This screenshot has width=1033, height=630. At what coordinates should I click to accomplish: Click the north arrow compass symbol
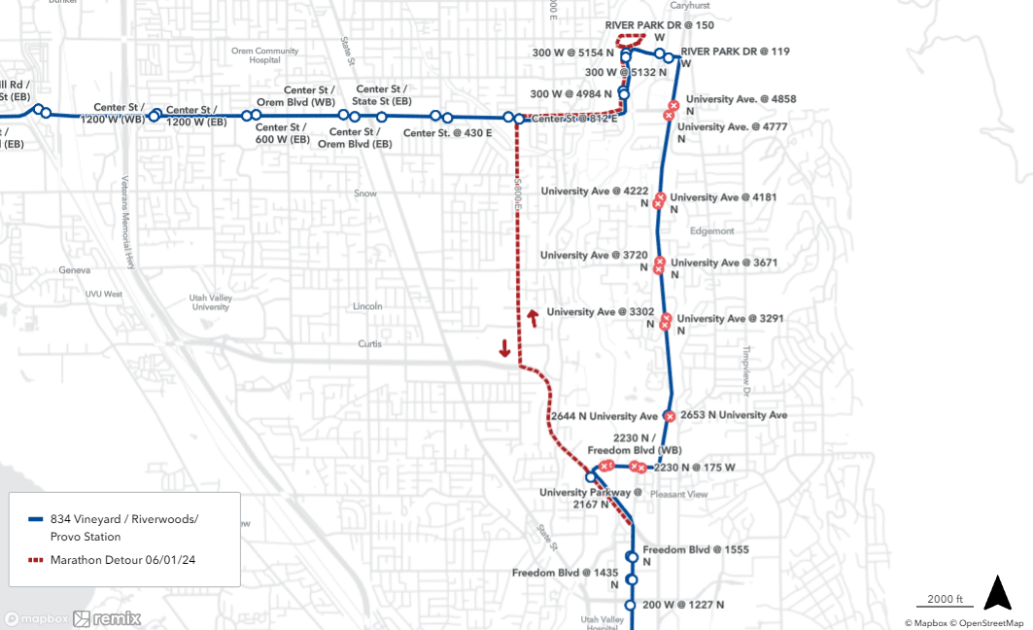(x=998, y=593)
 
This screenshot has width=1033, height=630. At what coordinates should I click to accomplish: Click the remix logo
(x=107, y=618)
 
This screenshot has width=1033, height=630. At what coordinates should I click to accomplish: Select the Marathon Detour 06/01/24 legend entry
(x=117, y=560)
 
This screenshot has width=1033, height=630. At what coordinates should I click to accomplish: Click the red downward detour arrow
(x=505, y=348)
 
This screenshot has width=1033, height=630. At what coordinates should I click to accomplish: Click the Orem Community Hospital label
(x=265, y=55)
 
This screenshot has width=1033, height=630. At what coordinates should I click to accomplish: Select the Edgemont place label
(x=712, y=231)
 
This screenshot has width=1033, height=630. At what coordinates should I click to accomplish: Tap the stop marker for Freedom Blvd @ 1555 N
(x=632, y=557)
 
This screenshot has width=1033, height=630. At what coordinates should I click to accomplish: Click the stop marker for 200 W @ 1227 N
(x=630, y=605)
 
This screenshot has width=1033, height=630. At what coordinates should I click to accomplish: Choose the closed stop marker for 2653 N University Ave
(x=669, y=416)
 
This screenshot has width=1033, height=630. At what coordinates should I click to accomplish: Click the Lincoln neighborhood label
(x=368, y=306)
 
